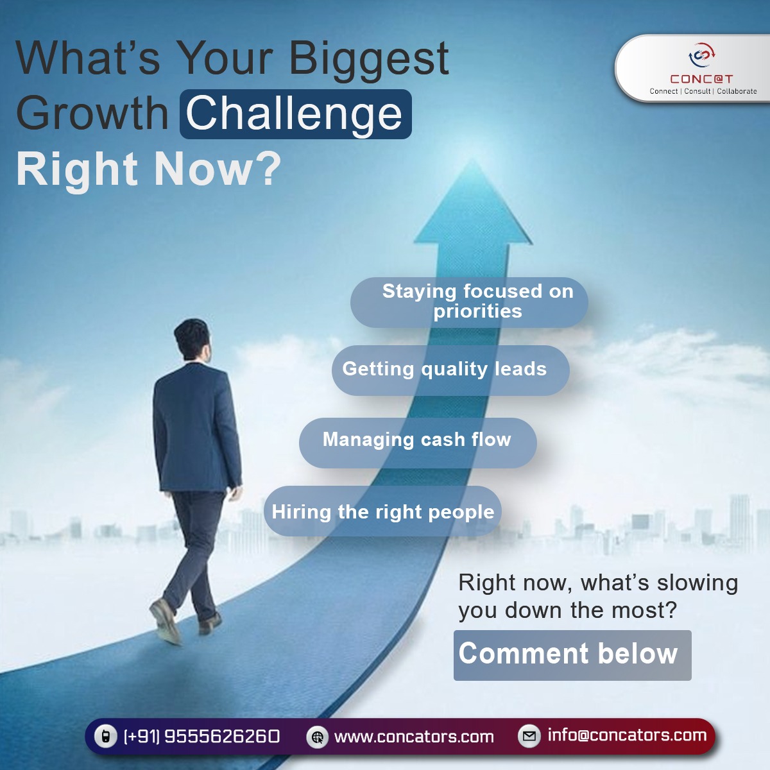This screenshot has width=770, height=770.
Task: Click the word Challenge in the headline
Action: point(295,114)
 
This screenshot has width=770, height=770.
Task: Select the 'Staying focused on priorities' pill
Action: point(469,302)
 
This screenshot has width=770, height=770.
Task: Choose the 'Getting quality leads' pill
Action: point(450,370)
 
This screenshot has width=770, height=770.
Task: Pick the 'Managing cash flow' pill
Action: point(417,442)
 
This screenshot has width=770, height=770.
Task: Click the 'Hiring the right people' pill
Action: point(382,511)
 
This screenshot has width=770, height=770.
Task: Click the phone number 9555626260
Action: point(222,736)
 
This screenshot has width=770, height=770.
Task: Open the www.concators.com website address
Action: point(414,737)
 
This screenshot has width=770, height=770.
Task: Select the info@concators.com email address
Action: point(626,735)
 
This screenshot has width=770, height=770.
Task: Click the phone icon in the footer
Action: point(105,736)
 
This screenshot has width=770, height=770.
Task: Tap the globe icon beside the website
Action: point(317,737)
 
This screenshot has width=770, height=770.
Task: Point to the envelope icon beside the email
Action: point(529,736)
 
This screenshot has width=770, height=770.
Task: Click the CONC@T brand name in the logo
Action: point(701,79)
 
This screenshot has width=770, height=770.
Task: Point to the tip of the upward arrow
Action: point(473,162)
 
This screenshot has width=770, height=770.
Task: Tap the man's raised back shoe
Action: point(165,621)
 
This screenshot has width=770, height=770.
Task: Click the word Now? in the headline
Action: point(218,169)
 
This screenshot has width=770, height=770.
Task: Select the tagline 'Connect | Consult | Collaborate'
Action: point(703,92)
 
